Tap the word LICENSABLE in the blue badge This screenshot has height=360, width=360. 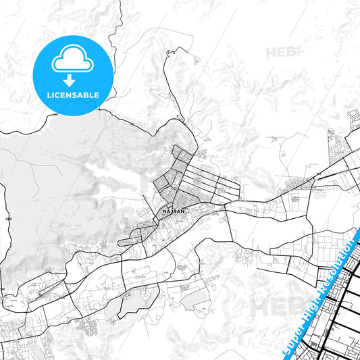(x=73, y=95)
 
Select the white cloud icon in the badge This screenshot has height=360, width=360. (x=73, y=61)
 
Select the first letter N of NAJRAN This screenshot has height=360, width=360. (x=165, y=211)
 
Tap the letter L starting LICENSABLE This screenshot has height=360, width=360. (x=49, y=95)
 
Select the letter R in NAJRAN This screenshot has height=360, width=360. (x=175, y=211)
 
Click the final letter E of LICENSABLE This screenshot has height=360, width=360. (x=97, y=95)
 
